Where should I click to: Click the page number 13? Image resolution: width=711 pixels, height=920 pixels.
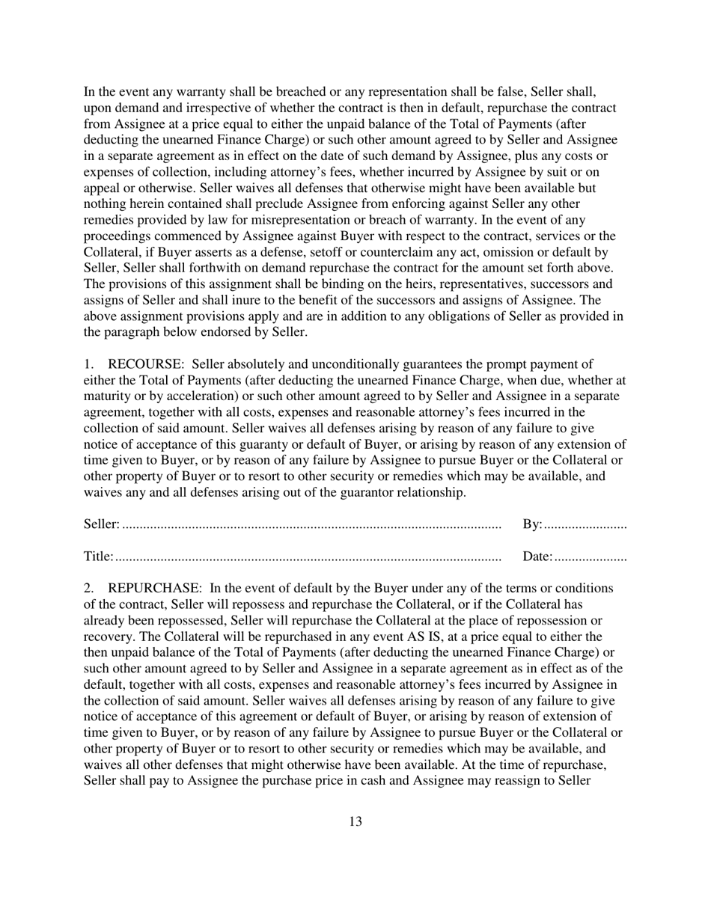355,821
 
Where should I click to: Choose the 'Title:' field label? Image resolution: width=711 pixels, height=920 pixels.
98,556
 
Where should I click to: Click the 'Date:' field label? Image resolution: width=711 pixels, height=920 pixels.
537,556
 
